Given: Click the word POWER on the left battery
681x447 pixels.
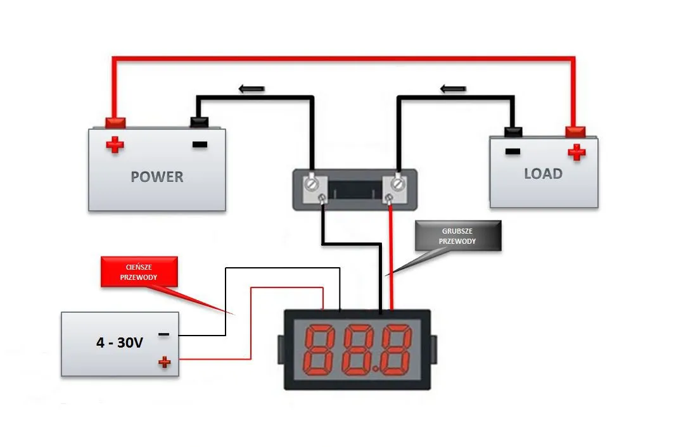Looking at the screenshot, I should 156,176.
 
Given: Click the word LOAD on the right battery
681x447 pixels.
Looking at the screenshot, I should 543,173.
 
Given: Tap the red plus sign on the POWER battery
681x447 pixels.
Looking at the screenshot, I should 115,145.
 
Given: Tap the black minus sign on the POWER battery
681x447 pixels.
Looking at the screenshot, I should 200,144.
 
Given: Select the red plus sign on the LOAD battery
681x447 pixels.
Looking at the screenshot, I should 576,152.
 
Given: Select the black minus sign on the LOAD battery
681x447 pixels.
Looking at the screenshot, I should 512,151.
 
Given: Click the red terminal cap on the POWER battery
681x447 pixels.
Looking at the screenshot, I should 115,122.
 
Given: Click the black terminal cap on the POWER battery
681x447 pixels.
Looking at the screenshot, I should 200,122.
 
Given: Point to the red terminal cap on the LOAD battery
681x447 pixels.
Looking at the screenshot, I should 575,131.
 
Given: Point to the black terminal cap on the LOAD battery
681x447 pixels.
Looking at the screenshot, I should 512,132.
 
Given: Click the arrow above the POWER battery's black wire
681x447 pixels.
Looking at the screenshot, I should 251,89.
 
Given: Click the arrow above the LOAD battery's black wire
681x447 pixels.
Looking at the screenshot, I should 453,88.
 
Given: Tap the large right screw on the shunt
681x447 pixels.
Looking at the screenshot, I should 397,184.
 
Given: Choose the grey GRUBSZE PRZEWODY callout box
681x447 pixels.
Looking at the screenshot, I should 457,236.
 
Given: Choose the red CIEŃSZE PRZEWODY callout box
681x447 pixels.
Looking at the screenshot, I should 139,272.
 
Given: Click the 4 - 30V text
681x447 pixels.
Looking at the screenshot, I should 120,343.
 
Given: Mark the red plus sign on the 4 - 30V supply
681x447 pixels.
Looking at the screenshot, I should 164,362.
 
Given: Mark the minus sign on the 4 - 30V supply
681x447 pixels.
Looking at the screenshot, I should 163,334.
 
